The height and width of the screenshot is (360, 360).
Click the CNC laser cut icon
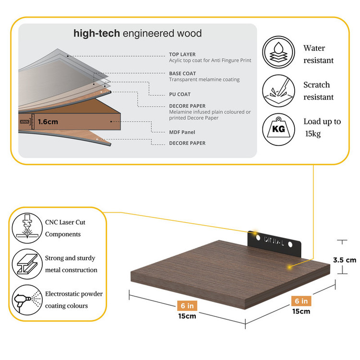25,228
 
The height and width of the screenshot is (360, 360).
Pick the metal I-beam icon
25,264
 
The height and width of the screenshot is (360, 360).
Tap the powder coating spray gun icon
25,300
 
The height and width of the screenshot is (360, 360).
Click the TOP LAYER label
182,55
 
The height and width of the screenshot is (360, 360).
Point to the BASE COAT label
182,73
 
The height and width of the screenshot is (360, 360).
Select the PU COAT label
180,94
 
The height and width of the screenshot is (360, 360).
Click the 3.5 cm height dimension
345,260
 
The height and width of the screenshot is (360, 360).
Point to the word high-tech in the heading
96,34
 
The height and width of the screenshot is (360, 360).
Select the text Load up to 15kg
322,127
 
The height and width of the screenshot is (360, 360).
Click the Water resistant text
318,54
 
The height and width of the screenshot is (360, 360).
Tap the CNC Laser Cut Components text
65,228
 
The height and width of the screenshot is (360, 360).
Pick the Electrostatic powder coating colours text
74,300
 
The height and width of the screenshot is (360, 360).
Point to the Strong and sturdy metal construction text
71,264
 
